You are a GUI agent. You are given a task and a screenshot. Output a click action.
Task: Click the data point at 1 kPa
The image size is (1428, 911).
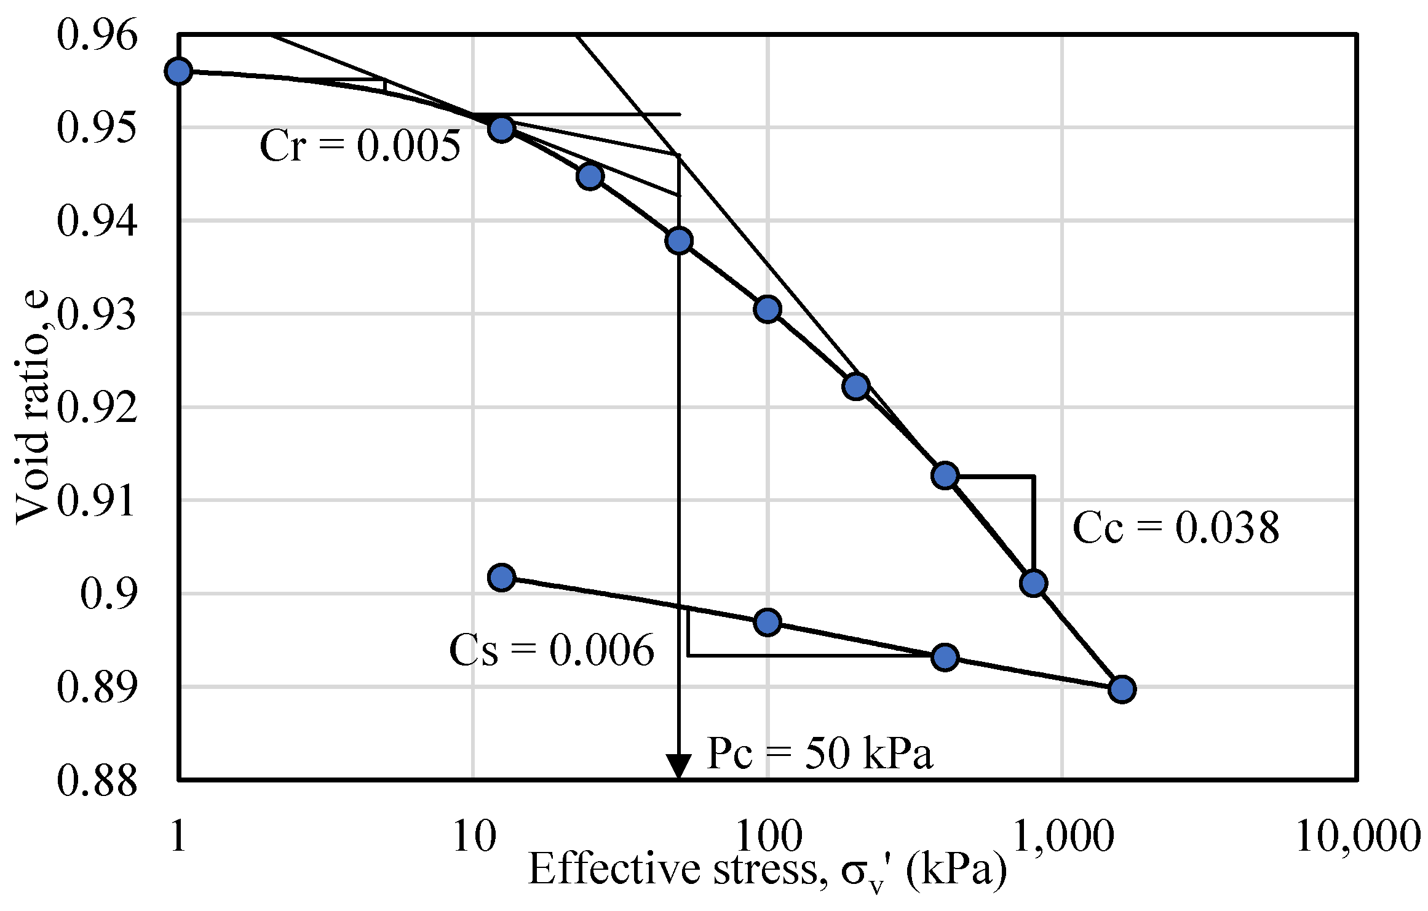pos(178,71)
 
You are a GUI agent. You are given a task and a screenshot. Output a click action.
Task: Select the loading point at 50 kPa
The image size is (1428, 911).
pos(678,241)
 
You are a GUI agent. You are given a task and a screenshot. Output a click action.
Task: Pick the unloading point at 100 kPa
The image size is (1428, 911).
pos(767,623)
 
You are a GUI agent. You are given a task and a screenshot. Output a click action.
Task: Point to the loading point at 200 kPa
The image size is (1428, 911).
pos(856,386)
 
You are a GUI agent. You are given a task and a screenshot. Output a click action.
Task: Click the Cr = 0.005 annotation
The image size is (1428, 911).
pos(360,146)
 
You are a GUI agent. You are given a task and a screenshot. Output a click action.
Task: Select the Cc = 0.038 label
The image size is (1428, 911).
pos(1175,528)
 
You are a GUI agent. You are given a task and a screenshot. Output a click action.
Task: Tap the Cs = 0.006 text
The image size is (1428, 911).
pos(551,650)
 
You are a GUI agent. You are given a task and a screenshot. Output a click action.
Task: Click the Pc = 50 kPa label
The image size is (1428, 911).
pos(820,753)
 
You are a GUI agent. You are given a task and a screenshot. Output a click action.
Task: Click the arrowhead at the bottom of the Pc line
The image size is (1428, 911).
pos(678,766)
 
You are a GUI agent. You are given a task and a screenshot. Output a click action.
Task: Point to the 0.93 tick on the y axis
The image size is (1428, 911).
pos(97,314)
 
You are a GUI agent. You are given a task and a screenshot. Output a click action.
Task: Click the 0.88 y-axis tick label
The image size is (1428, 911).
pos(97,780)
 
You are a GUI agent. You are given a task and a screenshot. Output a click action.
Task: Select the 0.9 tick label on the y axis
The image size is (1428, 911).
pos(108,594)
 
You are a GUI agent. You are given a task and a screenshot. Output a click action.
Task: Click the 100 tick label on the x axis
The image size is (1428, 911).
pos(769,837)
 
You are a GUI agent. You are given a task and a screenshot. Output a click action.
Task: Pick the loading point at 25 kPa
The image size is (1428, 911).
pos(590,177)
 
